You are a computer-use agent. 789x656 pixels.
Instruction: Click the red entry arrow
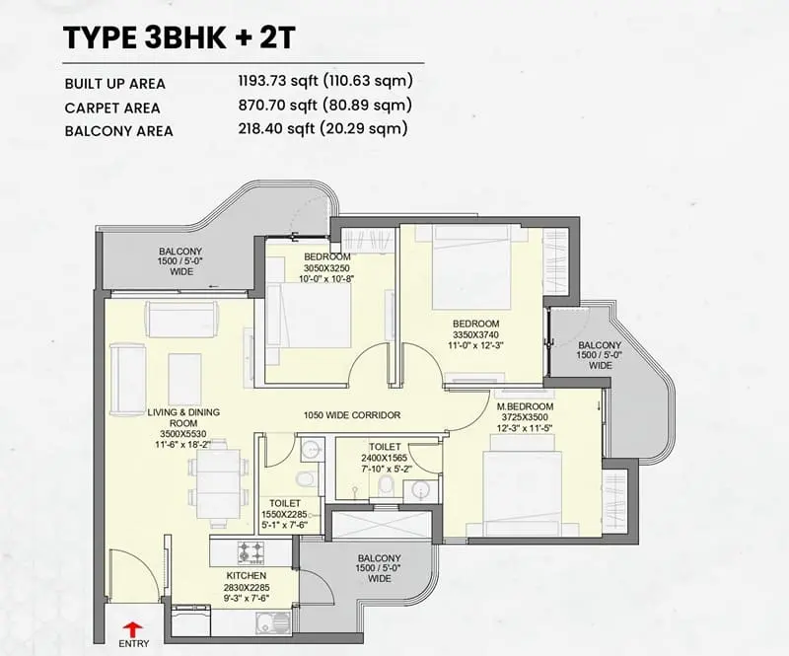tap(133, 629)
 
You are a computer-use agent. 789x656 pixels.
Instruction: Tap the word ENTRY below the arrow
tap(134, 643)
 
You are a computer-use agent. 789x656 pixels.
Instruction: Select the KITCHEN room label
tap(246, 576)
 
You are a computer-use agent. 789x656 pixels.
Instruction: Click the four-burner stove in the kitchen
tap(251, 551)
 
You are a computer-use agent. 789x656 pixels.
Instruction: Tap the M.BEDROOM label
tap(525, 406)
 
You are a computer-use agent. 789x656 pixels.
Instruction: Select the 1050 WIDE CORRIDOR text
tap(352, 415)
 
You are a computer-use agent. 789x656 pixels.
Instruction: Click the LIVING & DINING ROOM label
tap(183, 418)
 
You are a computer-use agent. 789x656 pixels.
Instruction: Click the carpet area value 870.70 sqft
tap(278, 105)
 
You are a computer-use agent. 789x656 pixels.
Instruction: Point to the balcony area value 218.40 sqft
tap(276, 128)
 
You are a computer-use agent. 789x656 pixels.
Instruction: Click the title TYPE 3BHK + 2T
tap(179, 37)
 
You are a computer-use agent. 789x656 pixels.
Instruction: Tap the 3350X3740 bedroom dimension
tap(476, 334)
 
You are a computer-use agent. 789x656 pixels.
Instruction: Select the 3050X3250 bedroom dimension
tap(326, 268)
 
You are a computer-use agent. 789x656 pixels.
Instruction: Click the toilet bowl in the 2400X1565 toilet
tap(386, 484)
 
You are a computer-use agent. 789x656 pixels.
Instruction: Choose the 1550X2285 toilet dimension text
tap(284, 515)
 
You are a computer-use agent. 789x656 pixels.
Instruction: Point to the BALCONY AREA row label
tap(118, 131)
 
